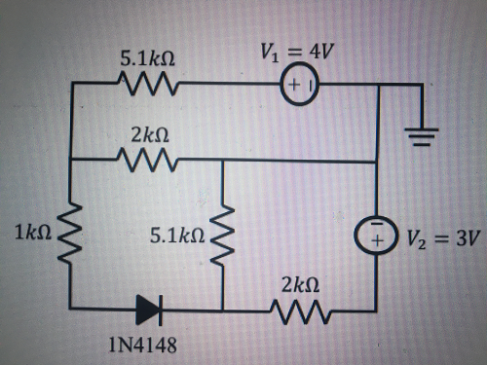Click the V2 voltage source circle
[x=376, y=234]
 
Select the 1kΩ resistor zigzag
[x=72, y=235]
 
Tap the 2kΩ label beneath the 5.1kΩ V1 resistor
[x=147, y=132]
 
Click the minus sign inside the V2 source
[x=376, y=224]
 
